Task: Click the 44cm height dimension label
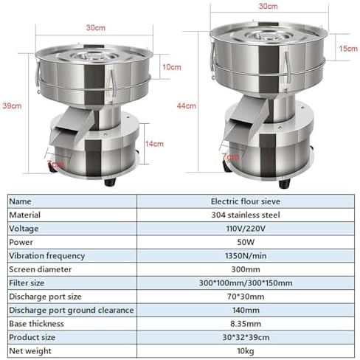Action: coord(190,105)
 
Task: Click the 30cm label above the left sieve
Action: coord(94,28)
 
